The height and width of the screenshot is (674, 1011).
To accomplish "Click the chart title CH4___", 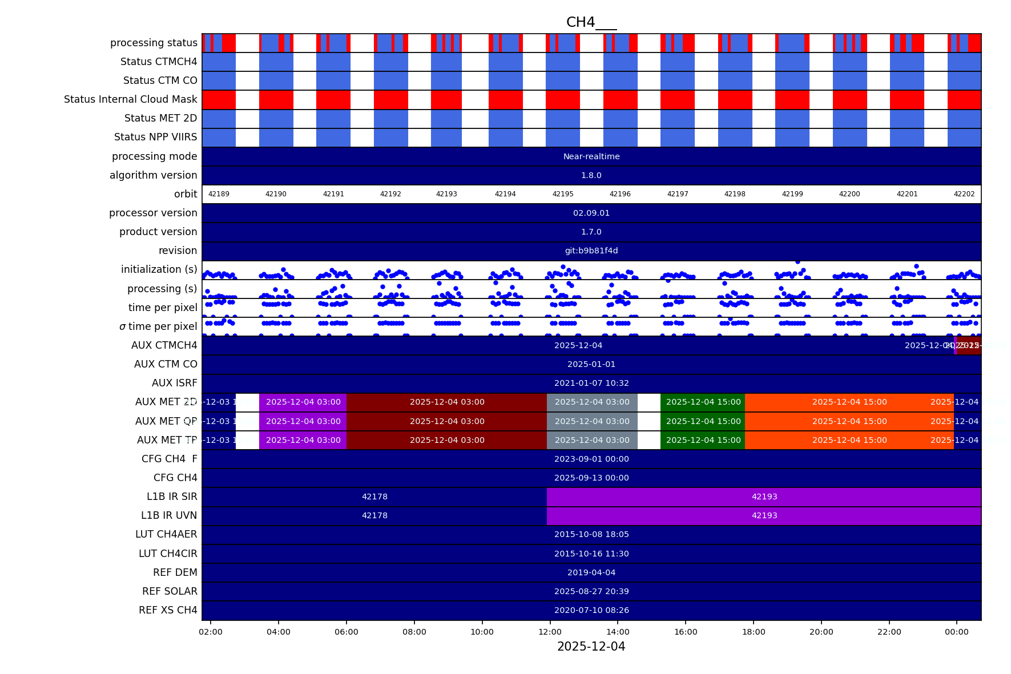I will [x=591, y=22].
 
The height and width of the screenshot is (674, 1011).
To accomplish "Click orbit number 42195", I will [x=563, y=194].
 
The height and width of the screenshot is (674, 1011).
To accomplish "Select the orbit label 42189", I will [x=219, y=194].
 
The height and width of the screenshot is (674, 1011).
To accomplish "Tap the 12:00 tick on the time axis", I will [x=550, y=632].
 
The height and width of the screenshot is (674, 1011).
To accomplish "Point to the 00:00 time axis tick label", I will [x=957, y=632].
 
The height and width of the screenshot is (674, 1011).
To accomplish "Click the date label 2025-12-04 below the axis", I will [x=591, y=647].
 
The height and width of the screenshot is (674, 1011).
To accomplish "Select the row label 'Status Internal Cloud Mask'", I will [x=131, y=99].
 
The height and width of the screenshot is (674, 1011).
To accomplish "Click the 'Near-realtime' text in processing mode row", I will [x=591, y=156].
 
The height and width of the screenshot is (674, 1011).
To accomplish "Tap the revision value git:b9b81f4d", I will [x=591, y=251].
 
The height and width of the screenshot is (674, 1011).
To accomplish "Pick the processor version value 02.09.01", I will [x=591, y=213].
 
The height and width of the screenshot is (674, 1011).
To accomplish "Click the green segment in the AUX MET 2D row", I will [x=703, y=402].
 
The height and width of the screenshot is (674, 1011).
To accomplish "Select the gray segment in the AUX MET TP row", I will [x=592, y=440].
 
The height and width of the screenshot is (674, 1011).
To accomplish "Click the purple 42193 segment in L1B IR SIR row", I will [x=764, y=497].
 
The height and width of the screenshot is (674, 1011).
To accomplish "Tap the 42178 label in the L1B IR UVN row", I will [x=374, y=515].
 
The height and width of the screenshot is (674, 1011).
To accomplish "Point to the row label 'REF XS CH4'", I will [x=168, y=610].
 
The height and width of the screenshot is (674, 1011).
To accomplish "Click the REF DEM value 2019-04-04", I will [x=591, y=572].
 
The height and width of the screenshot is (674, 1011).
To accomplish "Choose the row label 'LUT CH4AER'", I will [x=166, y=534].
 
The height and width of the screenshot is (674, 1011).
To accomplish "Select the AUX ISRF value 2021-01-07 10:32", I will [x=591, y=383].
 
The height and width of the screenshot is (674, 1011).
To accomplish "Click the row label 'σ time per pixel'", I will [x=158, y=326].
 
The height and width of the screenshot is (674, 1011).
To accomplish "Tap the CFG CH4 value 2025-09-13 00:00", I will [x=591, y=478].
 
